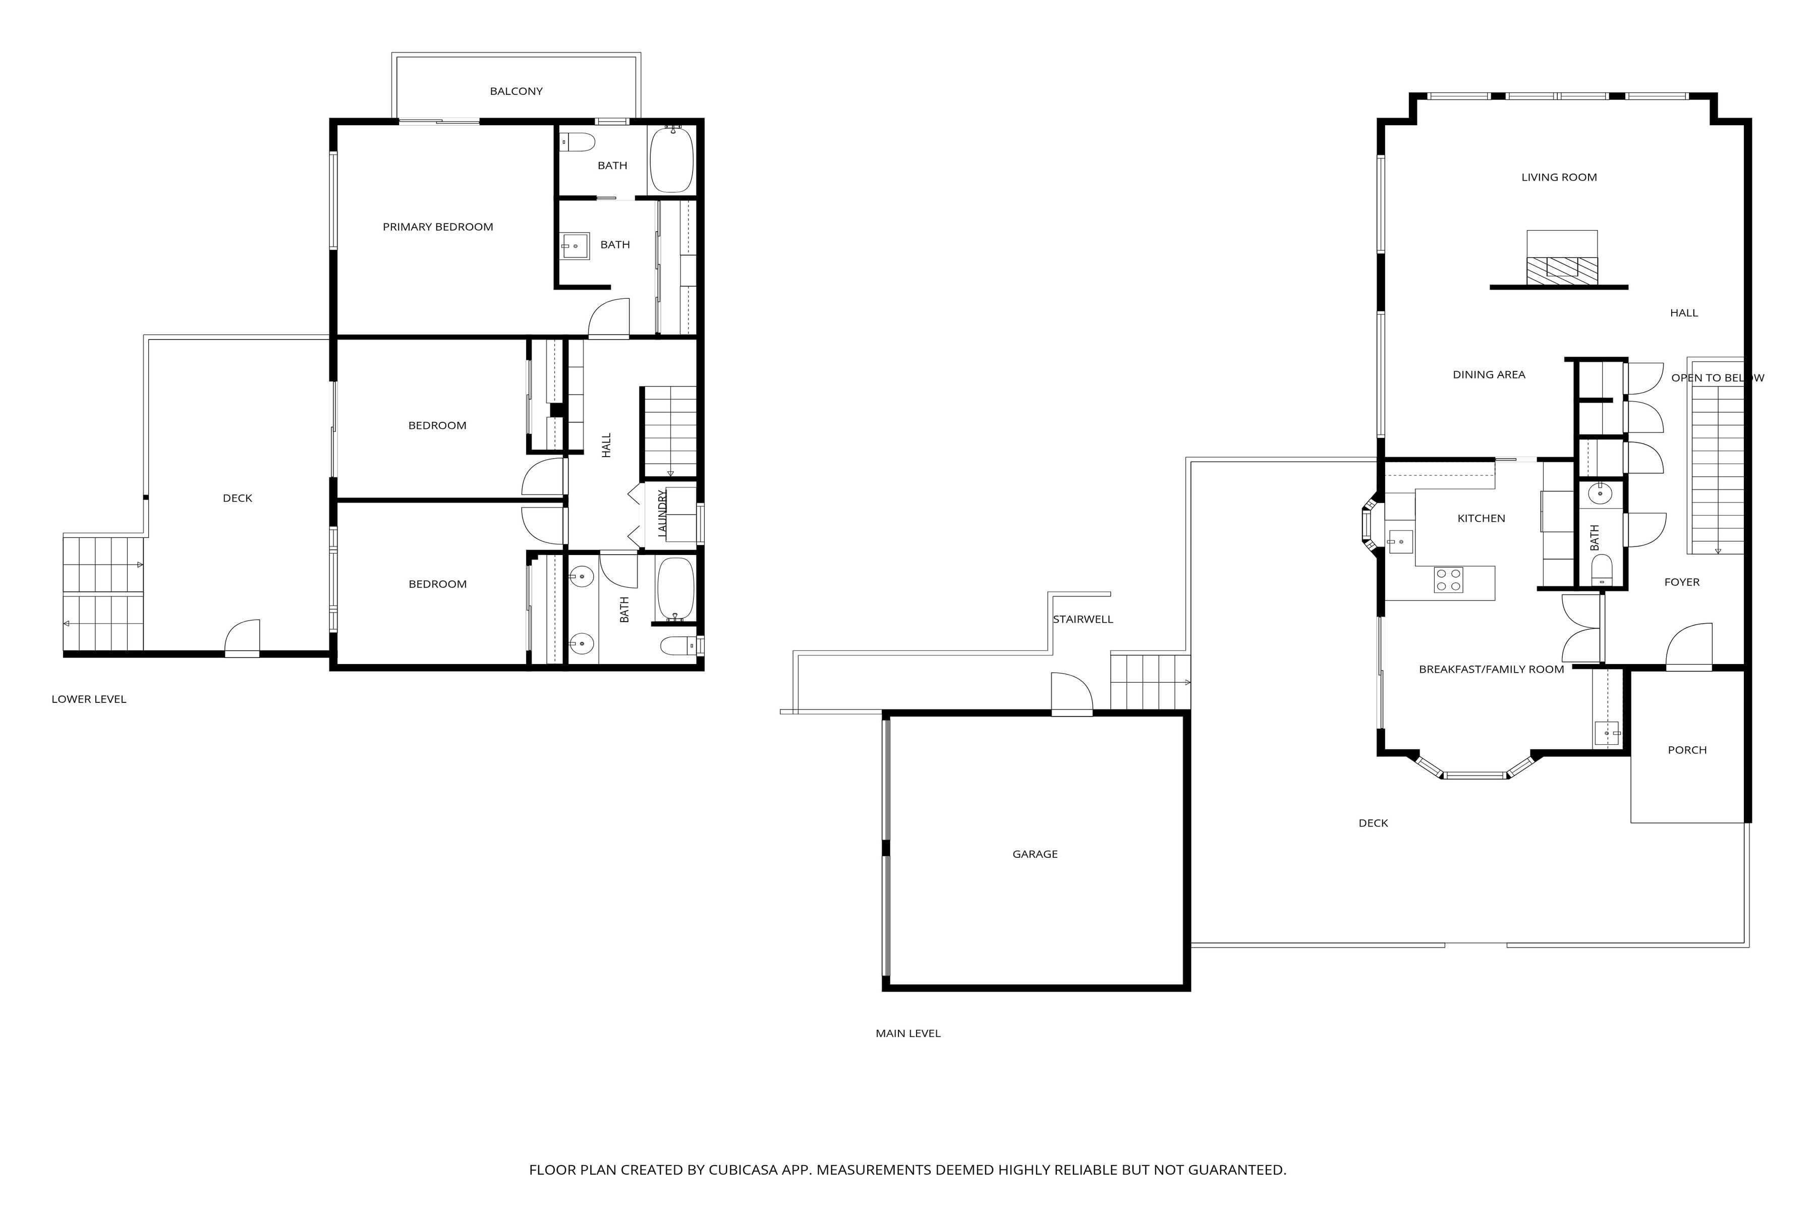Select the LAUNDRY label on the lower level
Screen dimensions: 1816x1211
pos(662,514)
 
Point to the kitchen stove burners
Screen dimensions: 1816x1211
pos(1448,579)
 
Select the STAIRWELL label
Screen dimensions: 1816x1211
pos(1083,620)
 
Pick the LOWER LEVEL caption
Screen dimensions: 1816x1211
pos(89,699)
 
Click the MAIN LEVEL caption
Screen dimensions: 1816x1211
pos(908,1033)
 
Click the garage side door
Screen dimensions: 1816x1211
pos(1071,693)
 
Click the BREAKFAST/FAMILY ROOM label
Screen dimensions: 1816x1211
pos(1491,670)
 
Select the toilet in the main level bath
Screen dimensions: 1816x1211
pos(1602,570)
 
